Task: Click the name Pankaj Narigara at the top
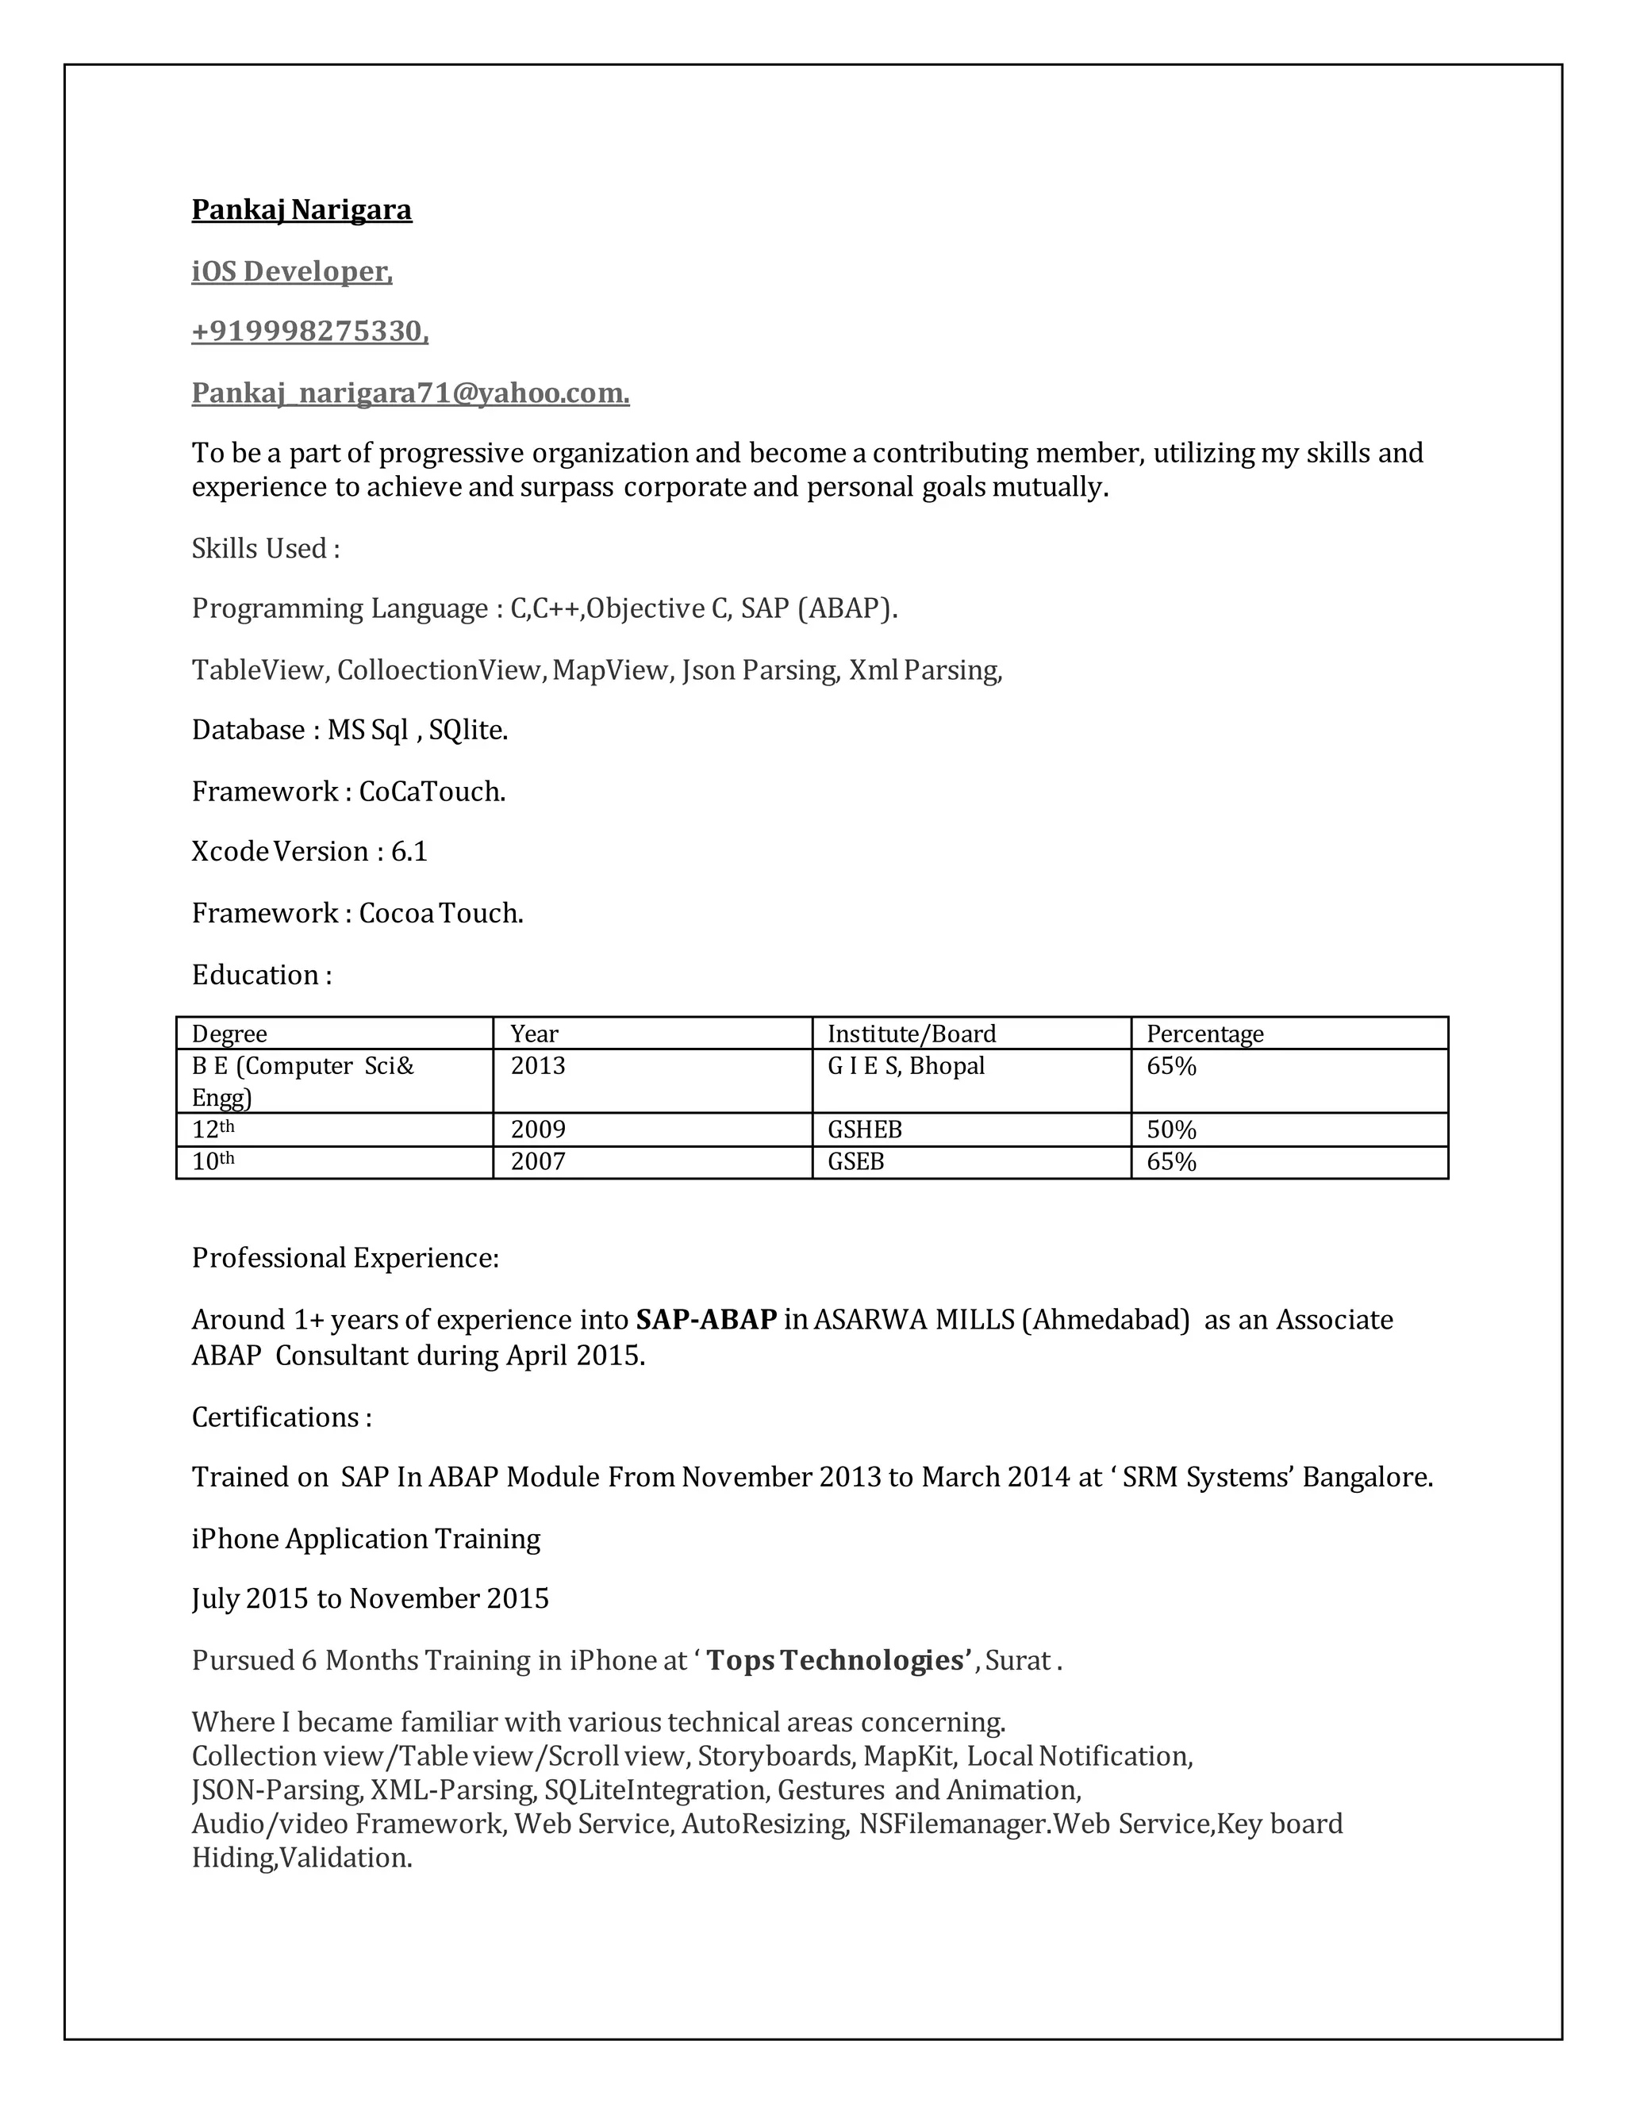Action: (302, 210)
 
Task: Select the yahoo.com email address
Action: (410, 393)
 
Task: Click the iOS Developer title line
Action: (292, 271)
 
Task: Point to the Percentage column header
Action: (1204, 1034)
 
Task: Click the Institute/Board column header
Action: (911, 1034)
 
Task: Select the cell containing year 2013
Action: (537, 1066)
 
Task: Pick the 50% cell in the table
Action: (1170, 1130)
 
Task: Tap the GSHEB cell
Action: (865, 1130)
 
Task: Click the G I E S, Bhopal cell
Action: (906, 1066)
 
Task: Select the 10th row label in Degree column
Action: (213, 1162)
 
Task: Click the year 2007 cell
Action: (537, 1162)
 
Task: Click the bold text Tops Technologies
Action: (835, 1660)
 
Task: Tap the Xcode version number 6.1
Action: (409, 852)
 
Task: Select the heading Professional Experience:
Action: (344, 1258)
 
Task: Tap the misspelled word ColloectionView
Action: (441, 670)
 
